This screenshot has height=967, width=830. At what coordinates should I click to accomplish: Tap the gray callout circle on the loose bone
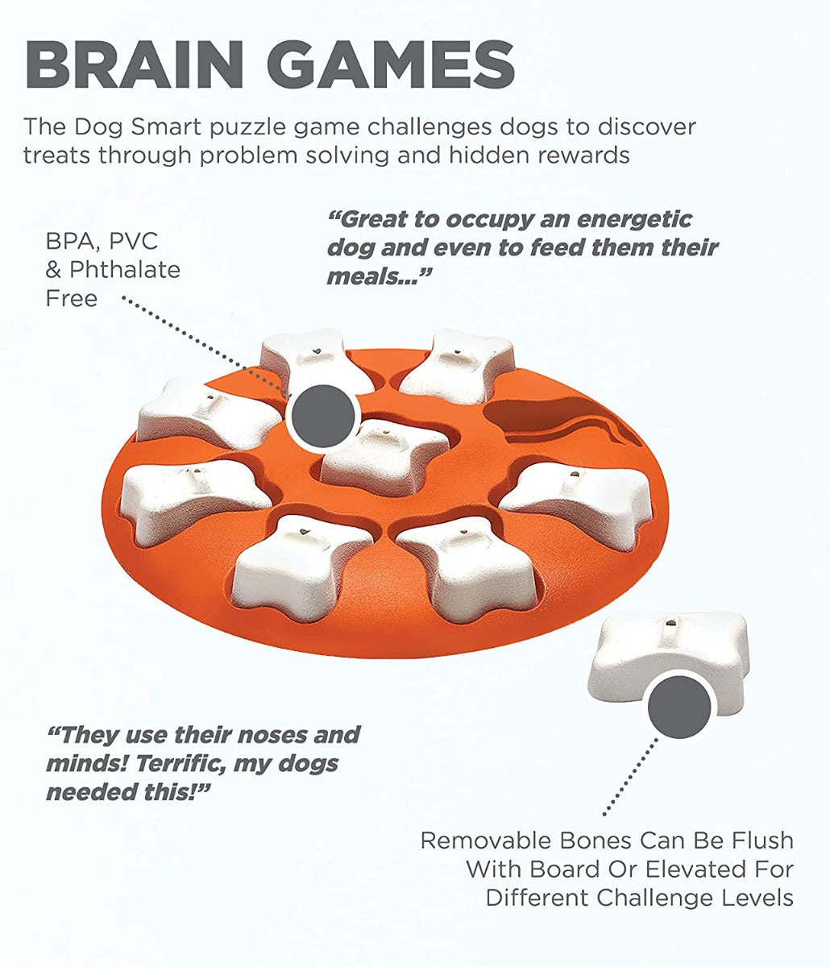[x=679, y=706]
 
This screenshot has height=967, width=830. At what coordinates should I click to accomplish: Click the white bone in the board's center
[x=385, y=457]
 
